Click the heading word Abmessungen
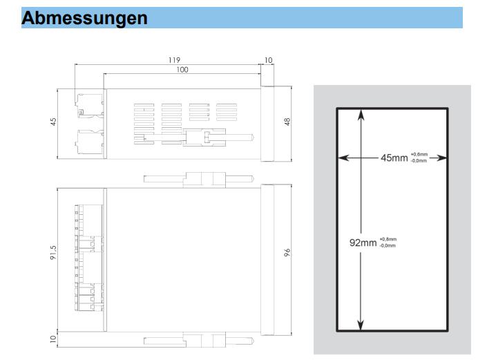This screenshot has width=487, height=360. (x=84, y=18)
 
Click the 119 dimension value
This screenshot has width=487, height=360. (x=174, y=60)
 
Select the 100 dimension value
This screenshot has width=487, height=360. (x=182, y=70)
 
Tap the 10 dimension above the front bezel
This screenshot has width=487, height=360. (x=268, y=60)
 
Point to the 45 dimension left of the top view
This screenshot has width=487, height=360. (x=53, y=122)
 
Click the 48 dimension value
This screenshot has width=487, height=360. (x=287, y=122)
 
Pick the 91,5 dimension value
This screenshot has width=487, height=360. (x=53, y=252)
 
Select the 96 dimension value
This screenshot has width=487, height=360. (x=287, y=252)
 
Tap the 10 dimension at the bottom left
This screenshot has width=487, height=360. (x=53, y=339)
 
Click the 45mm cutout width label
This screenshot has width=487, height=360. (x=394, y=158)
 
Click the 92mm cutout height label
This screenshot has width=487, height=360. (x=363, y=243)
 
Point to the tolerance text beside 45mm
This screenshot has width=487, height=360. (x=419, y=158)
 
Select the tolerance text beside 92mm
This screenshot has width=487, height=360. (x=388, y=243)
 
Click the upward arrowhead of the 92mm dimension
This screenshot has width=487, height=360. (x=361, y=114)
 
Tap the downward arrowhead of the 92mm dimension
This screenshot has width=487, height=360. (x=361, y=325)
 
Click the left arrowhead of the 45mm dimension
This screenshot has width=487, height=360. (x=343, y=158)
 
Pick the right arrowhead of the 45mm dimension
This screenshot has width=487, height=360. (x=441, y=158)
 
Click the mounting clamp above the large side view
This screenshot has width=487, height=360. (x=199, y=180)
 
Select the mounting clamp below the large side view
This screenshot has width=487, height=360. (x=199, y=340)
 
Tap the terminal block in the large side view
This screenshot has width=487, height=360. (x=89, y=258)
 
